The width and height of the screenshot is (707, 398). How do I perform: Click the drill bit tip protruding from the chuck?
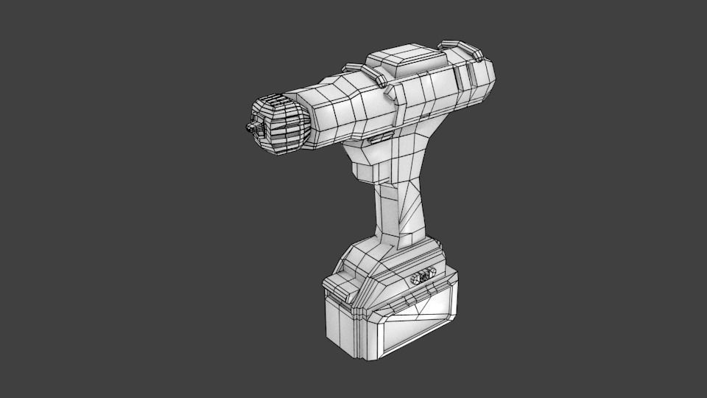pos(250,128)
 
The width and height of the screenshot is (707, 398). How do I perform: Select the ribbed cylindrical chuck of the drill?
pos(281,124)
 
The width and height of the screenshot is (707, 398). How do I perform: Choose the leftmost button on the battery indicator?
pos(415,279)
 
